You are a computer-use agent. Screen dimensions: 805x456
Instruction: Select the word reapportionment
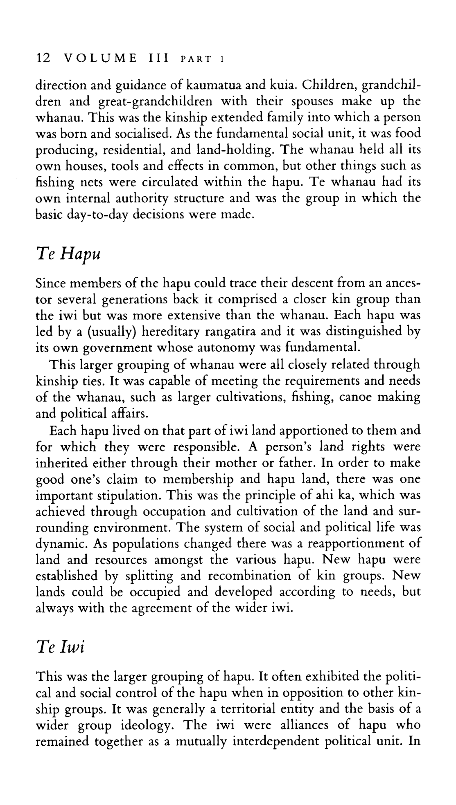[350, 544]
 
